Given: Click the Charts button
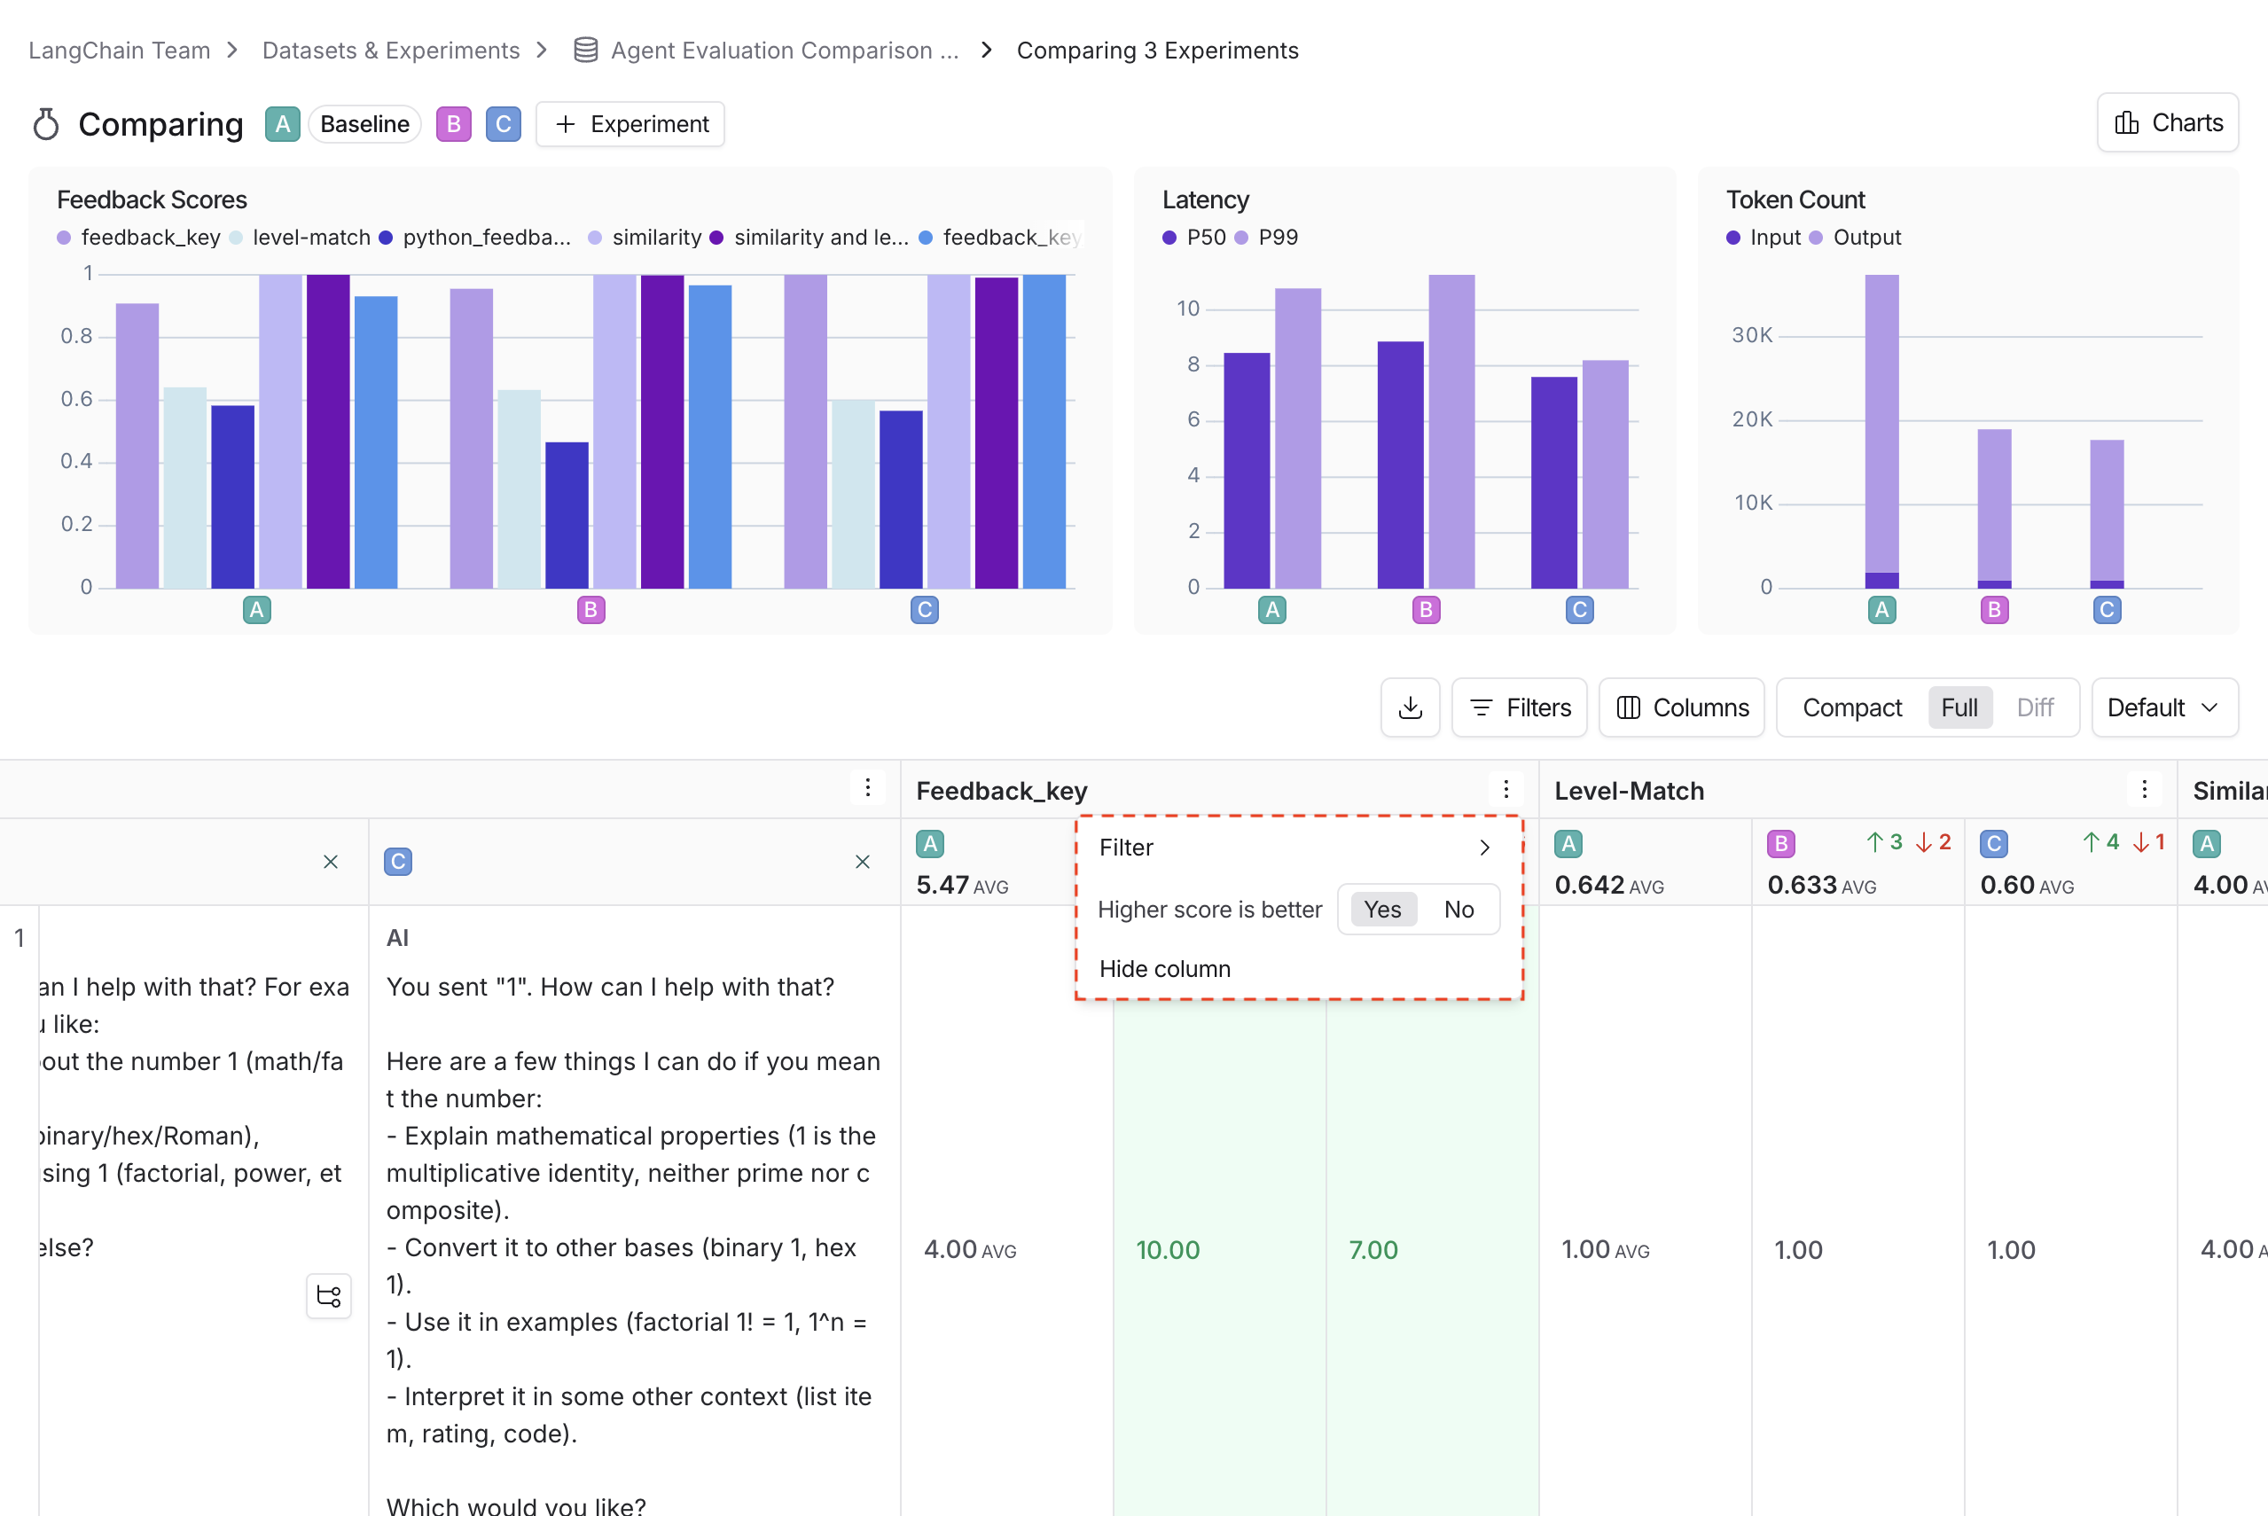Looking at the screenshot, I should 2168,123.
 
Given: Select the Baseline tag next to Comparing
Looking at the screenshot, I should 364,125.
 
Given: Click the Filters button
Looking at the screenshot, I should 1519,707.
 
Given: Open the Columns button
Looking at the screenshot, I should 1681,707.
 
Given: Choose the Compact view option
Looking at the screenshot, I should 1851,707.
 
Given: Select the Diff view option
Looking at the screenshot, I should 2034,707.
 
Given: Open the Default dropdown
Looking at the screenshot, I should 2163,707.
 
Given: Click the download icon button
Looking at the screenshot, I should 1410,707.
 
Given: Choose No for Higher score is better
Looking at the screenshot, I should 1458,910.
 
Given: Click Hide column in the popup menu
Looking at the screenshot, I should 1165,969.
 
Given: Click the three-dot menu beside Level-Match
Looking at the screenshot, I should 2143,790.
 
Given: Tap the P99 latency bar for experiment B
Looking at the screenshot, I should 1451,430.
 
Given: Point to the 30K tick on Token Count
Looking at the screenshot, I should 1752,335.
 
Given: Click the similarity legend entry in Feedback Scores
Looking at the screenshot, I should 655,238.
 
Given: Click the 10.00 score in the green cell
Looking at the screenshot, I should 1167,1250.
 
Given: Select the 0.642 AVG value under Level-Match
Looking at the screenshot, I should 1607,885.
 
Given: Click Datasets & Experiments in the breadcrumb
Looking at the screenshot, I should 391,51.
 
